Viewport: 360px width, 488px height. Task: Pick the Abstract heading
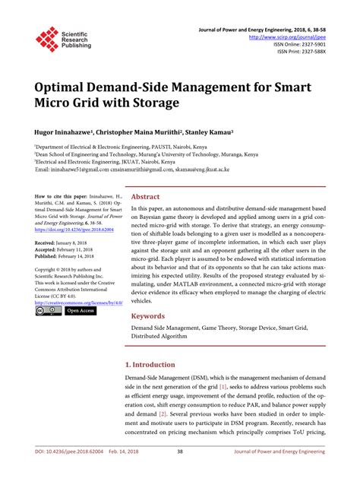(145, 195)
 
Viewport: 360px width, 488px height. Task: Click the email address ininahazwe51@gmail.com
(84, 170)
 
